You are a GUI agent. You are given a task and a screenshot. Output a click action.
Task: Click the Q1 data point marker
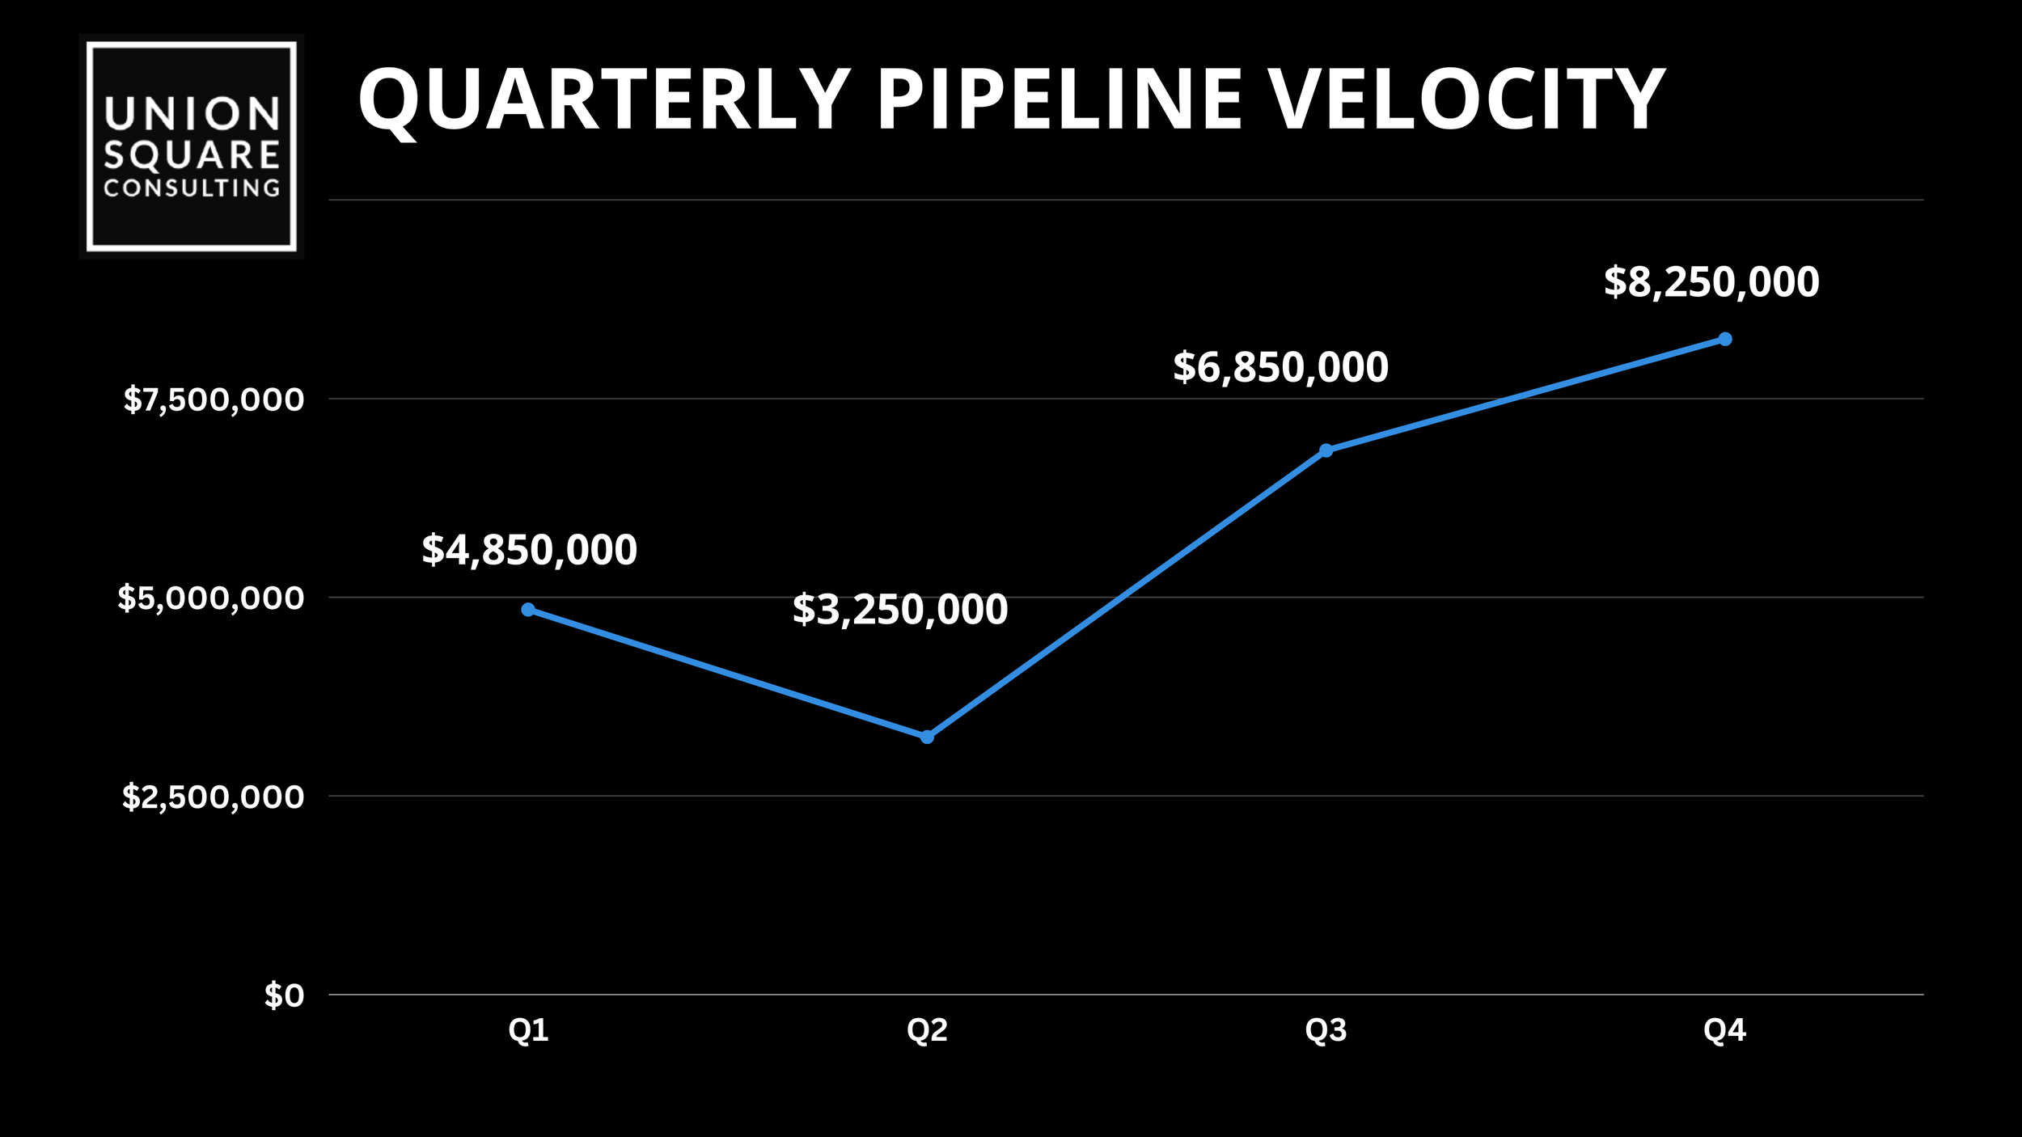coord(528,610)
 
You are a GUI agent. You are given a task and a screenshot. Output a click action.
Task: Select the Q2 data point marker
coord(927,737)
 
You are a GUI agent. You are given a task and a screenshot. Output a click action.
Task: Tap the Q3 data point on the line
coord(1326,450)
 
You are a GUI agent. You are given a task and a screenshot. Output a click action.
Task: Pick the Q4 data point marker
coord(1724,339)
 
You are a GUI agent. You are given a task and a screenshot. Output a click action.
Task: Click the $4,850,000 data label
coord(529,550)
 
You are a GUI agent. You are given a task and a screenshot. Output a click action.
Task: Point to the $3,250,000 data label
coord(899,610)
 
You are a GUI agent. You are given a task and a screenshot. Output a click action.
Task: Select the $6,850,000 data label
coord(1280,367)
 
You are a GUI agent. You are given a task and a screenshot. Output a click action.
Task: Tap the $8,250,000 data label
coord(1711,282)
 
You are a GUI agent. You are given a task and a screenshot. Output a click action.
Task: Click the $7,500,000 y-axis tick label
coord(214,399)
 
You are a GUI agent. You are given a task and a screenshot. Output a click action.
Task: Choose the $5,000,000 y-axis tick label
coord(211,598)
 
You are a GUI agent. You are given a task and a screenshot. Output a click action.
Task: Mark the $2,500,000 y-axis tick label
coord(213,797)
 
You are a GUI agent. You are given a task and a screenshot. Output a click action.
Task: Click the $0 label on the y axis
coord(284,996)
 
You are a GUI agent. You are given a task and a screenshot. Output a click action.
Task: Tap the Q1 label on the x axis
coord(528,1030)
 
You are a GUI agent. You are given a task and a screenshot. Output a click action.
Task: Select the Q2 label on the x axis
coord(927,1030)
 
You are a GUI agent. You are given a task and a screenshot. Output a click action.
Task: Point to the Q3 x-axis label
coord(1326,1030)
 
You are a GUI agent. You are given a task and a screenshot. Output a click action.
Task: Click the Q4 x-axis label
coord(1724,1030)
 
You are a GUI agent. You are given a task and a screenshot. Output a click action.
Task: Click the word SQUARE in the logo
coord(192,155)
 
